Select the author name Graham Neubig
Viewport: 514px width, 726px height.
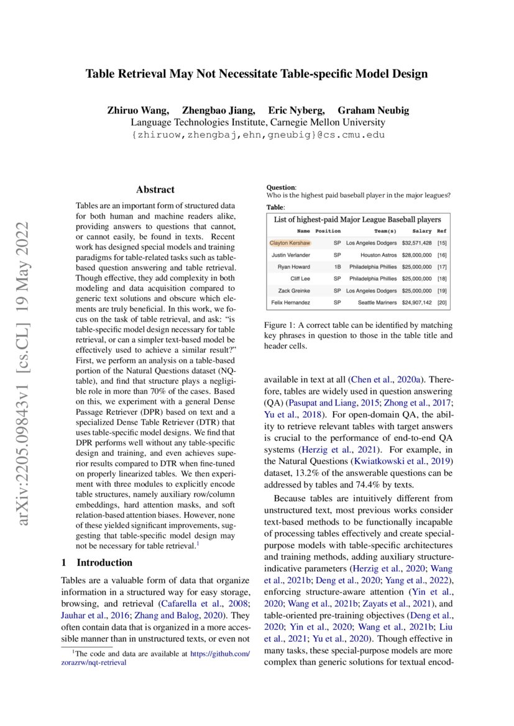click(373, 111)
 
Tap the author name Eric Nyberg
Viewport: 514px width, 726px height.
click(296, 111)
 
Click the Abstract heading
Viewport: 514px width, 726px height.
click(155, 190)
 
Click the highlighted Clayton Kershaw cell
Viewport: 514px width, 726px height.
click(290, 243)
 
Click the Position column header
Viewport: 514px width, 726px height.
click(328, 231)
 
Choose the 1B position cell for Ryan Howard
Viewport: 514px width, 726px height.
click(337, 266)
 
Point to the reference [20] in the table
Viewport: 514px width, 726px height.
click(442, 302)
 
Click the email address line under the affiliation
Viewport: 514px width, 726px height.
click(257, 135)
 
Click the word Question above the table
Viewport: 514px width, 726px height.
click(280, 187)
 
